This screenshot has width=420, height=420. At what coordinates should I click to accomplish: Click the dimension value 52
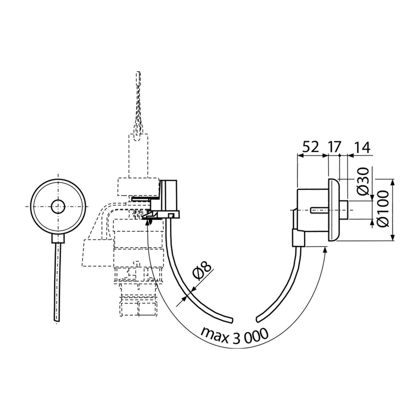point(311,147)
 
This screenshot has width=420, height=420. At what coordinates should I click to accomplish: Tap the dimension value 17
point(335,147)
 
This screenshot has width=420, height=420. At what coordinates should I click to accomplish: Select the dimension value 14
point(362,147)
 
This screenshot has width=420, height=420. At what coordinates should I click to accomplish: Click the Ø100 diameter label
point(383,209)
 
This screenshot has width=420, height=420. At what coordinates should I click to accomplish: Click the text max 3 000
point(234,335)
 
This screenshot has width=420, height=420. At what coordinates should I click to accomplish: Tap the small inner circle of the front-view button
point(58,207)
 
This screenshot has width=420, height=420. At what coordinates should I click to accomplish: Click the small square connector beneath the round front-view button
point(58,239)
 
